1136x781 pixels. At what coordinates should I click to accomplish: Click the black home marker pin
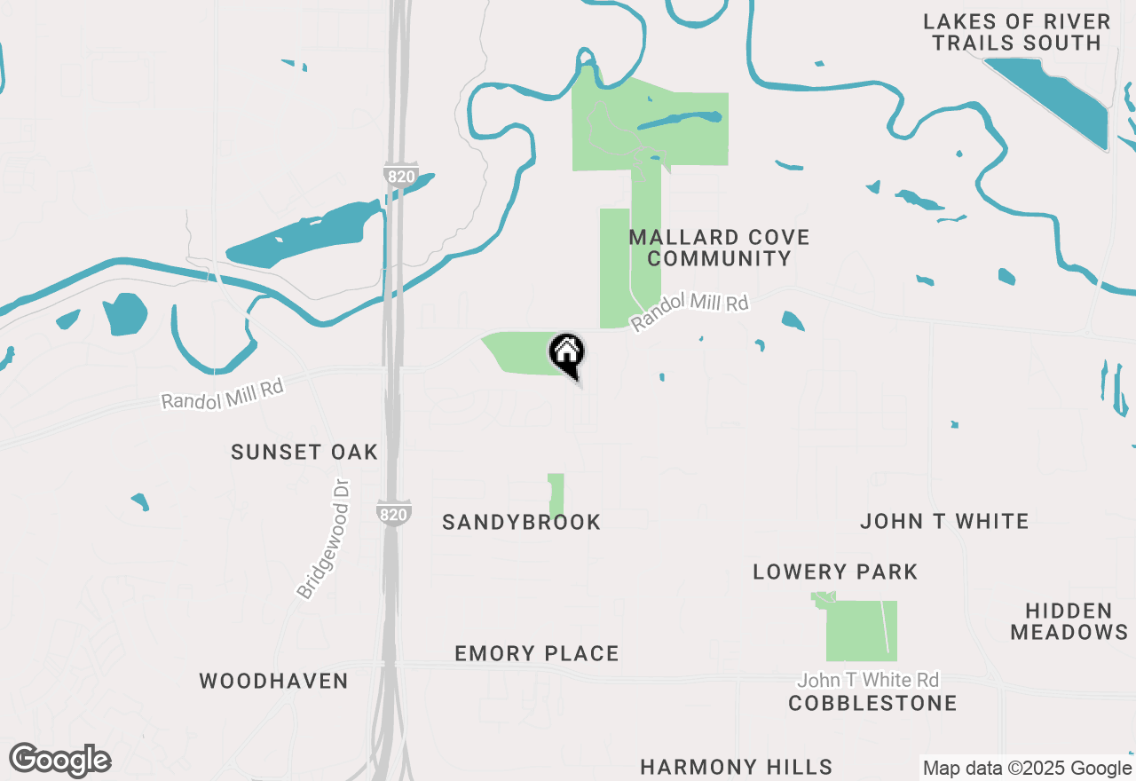[567, 353]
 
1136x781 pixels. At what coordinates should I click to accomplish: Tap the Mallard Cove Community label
[719, 248]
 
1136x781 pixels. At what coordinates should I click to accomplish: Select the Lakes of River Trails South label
[1016, 32]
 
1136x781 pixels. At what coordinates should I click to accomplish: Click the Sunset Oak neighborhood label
[304, 452]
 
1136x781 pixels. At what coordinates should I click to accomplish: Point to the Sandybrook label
[522, 522]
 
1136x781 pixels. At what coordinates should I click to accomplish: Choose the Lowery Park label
[835, 572]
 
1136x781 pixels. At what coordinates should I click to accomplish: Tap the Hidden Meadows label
[1069, 621]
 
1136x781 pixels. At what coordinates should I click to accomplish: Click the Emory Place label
[537, 654]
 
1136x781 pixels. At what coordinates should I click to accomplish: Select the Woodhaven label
[273, 681]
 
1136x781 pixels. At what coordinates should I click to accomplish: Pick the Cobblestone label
[873, 704]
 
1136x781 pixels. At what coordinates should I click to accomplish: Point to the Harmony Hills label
[737, 767]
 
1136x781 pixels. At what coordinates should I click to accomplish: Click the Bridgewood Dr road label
[324, 539]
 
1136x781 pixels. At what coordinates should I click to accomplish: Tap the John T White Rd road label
[868, 681]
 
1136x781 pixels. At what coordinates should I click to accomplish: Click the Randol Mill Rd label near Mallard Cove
[690, 312]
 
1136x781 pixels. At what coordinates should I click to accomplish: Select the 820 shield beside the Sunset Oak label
[393, 514]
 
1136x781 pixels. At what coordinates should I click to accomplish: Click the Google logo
[60, 761]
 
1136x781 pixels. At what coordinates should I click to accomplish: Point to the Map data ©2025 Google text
[1027, 769]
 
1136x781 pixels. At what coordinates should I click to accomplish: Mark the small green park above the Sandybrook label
[556, 493]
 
